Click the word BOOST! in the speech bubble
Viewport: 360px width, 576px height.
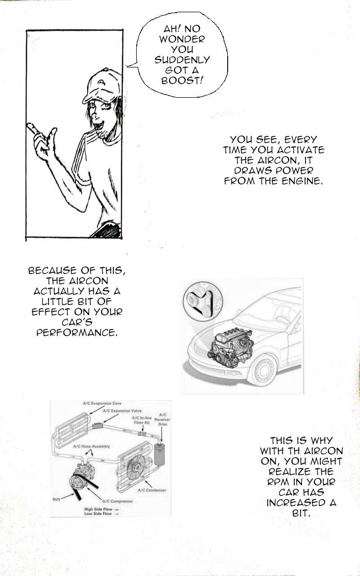tap(182, 81)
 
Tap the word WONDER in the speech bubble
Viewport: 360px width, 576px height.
tap(182, 39)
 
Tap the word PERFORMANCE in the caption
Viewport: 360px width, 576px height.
tap(77, 333)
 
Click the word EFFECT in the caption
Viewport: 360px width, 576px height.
tap(51, 312)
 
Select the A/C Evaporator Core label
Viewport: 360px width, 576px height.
tap(102, 403)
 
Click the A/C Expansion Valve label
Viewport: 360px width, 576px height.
tap(122, 411)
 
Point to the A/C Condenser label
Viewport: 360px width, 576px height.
tap(152, 490)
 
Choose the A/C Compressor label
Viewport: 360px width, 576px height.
tap(117, 501)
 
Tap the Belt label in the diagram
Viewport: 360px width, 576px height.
tap(56, 499)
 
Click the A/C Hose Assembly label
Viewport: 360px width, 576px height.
tap(91, 446)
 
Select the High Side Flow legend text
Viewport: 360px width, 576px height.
tap(98, 509)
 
